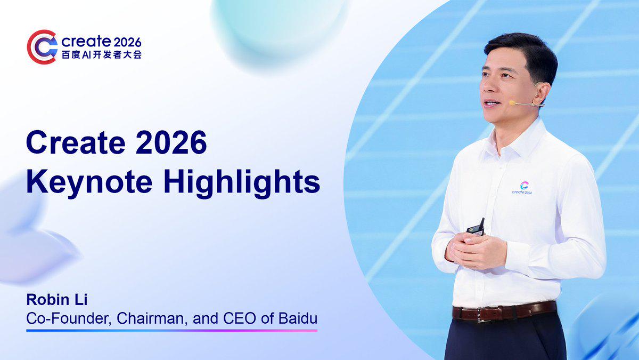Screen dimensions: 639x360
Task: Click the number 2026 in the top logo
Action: (127, 43)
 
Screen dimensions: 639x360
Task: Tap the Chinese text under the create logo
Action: (102, 54)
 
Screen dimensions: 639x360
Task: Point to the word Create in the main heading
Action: (76, 142)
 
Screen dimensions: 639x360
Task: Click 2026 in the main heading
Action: (171, 142)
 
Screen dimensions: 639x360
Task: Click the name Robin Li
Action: (57, 300)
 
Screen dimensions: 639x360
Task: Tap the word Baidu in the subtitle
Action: (298, 318)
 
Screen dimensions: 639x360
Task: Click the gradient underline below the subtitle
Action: (171, 331)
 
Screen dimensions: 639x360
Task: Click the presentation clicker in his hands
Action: (477, 228)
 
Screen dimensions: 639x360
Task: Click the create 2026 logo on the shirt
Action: (522, 188)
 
